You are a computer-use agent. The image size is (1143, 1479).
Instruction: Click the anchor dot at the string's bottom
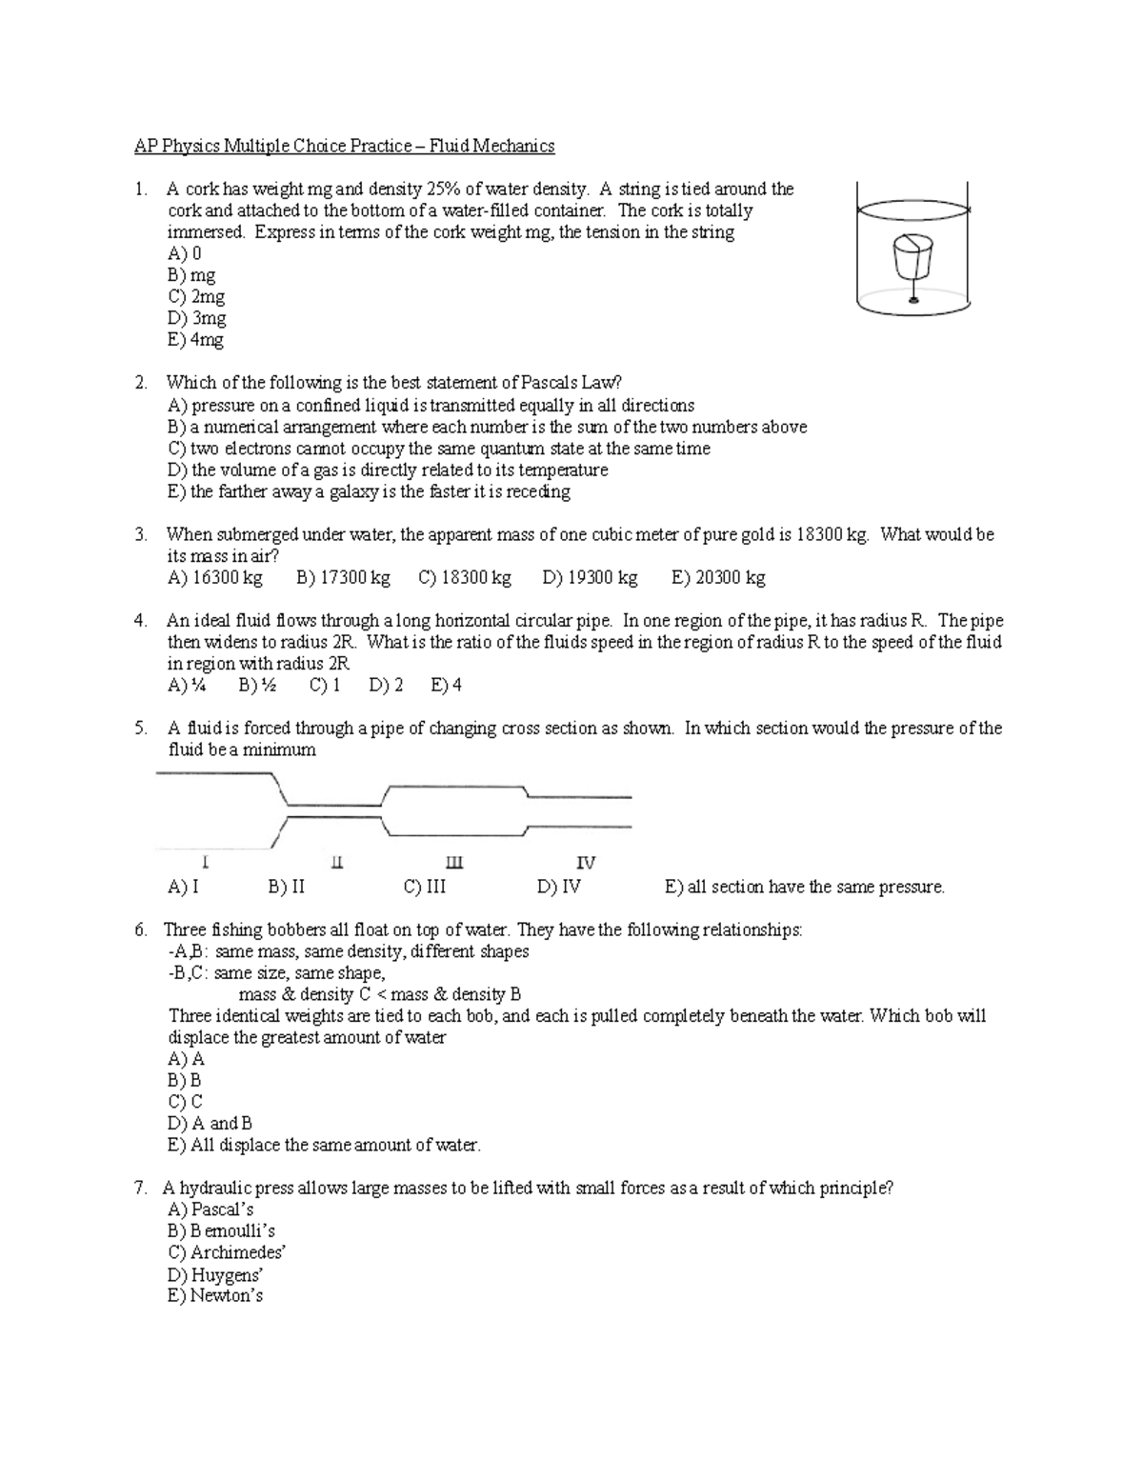(912, 300)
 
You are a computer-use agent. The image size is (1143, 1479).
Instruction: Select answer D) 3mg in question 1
(196, 318)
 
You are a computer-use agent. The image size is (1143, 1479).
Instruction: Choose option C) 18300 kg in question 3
(465, 578)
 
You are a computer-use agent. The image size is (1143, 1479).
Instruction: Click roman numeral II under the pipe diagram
(336, 863)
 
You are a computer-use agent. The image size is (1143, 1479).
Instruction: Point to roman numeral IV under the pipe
(586, 863)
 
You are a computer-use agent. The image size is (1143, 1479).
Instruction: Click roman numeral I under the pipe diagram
(206, 863)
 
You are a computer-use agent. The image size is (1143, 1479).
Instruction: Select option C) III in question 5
(425, 888)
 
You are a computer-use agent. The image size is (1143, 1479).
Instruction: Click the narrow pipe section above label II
(333, 809)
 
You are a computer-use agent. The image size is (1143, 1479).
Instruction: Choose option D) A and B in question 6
(210, 1124)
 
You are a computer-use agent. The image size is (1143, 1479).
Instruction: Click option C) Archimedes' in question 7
(227, 1253)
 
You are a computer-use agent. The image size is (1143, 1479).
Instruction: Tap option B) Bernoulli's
(221, 1231)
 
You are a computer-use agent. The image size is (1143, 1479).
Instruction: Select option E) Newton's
(215, 1296)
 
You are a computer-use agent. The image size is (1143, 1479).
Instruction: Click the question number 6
(140, 930)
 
